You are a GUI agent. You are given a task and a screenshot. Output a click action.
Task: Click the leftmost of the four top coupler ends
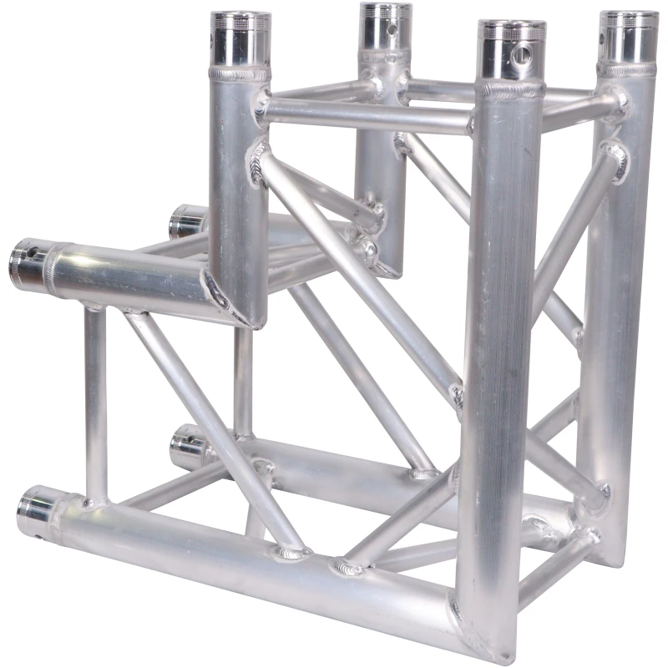[x=240, y=38]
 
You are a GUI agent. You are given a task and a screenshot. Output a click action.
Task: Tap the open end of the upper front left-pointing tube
[x=25, y=262]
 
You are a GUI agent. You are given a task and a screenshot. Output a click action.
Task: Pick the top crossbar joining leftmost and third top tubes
[x=367, y=117]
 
